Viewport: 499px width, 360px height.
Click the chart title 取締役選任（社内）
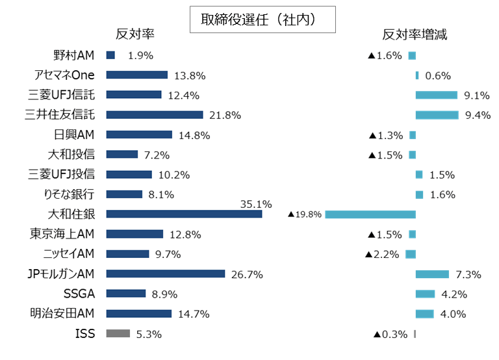tap(262, 19)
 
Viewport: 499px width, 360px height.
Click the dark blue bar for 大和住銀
tap(184, 214)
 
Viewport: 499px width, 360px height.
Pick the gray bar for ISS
tap(118, 333)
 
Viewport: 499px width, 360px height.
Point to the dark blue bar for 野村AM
tap(110, 55)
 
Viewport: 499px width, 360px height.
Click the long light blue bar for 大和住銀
tap(370, 214)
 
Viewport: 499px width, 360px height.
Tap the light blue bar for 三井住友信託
tap(437, 115)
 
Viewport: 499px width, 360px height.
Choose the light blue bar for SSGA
tap(425, 294)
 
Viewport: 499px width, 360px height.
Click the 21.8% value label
tap(225, 116)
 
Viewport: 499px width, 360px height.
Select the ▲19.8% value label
tap(305, 214)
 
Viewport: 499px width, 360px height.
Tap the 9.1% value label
tap(477, 96)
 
